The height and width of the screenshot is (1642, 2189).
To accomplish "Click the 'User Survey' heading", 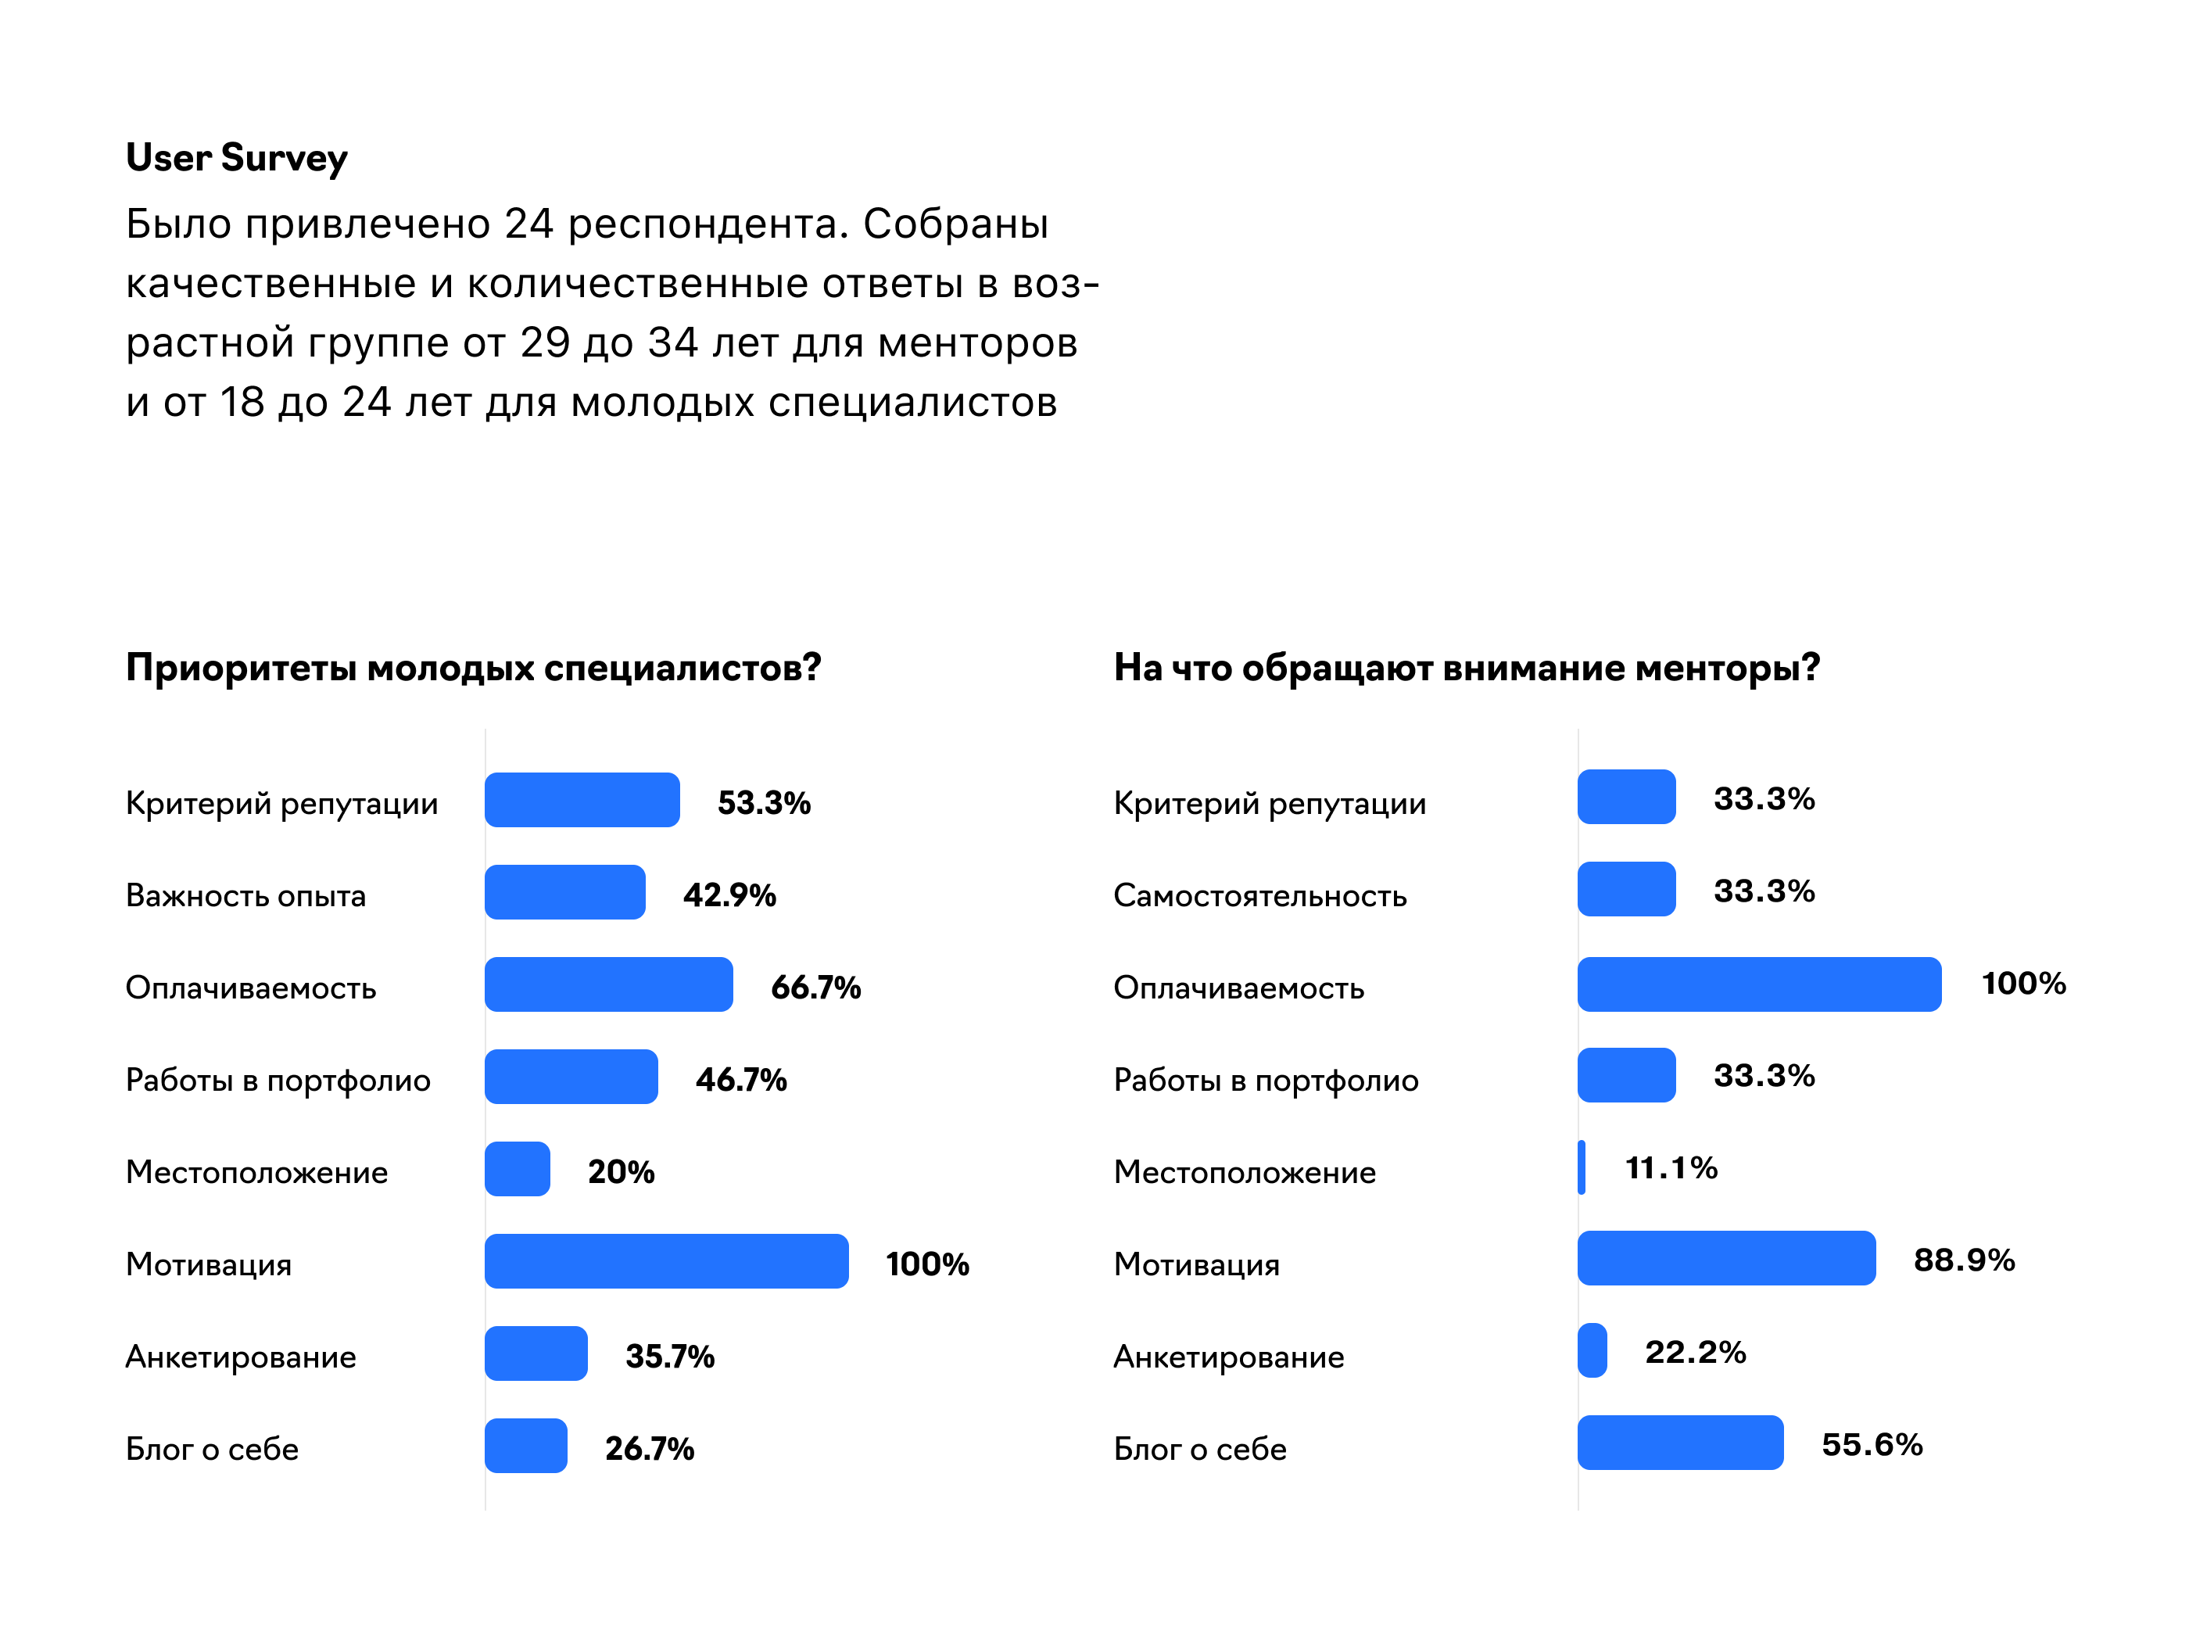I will tap(237, 159).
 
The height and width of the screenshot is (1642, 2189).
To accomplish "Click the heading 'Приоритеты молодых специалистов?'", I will tap(473, 668).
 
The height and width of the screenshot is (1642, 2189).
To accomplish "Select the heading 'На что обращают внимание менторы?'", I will tap(1467, 668).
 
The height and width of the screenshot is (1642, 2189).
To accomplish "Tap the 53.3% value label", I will tap(764, 803).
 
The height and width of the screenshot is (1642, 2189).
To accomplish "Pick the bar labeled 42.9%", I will tap(565, 893).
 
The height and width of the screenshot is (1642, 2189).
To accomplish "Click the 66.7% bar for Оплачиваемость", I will tap(608, 984).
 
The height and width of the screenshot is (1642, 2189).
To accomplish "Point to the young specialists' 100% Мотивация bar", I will tap(666, 1261).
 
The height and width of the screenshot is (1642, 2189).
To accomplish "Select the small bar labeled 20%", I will tap(518, 1169).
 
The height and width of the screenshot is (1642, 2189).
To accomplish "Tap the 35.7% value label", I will tap(670, 1357).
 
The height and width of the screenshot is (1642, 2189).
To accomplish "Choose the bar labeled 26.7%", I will tap(526, 1446).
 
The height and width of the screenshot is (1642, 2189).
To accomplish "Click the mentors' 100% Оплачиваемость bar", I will tap(1758, 984).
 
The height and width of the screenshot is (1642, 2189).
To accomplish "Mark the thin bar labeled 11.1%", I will tap(1582, 1168).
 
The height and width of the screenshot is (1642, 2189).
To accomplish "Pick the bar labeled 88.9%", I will tap(1726, 1259).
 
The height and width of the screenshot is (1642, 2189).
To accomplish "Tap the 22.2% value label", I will tap(1695, 1353).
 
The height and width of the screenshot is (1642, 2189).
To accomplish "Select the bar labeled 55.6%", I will tap(1680, 1443).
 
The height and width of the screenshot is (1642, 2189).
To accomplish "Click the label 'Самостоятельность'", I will tap(1259, 896).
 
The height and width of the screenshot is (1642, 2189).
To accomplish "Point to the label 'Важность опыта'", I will tap(245, 896).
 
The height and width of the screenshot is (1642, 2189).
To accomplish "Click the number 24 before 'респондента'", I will tap(528, 224).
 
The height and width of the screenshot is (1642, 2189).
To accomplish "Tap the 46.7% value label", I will tap(741, 1080).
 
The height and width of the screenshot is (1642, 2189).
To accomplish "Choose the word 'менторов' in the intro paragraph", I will tap(978, 343).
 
